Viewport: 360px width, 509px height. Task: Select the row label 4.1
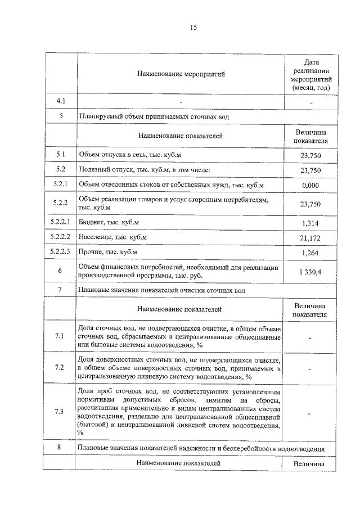(61, 101)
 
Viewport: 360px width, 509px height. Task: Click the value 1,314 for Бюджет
(310, 223)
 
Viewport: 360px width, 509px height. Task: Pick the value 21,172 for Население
(310, 238)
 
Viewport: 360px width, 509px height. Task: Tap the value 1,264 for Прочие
(310, 253)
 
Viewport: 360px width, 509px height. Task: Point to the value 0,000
(310, 184)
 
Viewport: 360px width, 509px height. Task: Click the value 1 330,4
(310, 272)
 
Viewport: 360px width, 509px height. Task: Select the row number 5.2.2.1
(61, 222)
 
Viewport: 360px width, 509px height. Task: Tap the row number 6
(61, 271)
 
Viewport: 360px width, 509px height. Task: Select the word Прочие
(92, 253)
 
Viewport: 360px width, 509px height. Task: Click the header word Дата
(311, 62)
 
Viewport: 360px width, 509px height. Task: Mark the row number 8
(61, 448)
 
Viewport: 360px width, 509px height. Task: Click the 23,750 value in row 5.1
(310, 155)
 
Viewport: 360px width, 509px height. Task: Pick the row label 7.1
(61, 336)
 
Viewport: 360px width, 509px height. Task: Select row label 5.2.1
(61, 184)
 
